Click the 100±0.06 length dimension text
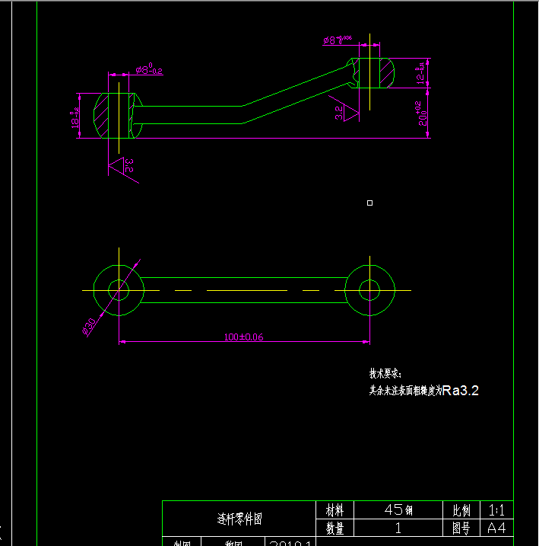(x=243, y=337)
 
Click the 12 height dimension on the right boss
(x=420, y=74)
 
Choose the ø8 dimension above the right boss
(x=338, y=39)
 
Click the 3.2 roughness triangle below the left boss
(x=121, y=166)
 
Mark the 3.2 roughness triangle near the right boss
(x=346, y=112)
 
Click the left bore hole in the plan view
(x=119, y=290)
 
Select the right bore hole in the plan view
(x=369, y=290)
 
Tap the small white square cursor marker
(x=369, y=203)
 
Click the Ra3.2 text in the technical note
(x=460, y=391)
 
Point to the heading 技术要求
(x=385, y=374)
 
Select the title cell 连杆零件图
(x=239, y=519)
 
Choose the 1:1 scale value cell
(x=496, y=509)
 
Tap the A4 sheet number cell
(x=496, y=528)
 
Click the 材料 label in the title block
(x=334, y=509)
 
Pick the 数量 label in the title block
(x=334, y=528)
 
